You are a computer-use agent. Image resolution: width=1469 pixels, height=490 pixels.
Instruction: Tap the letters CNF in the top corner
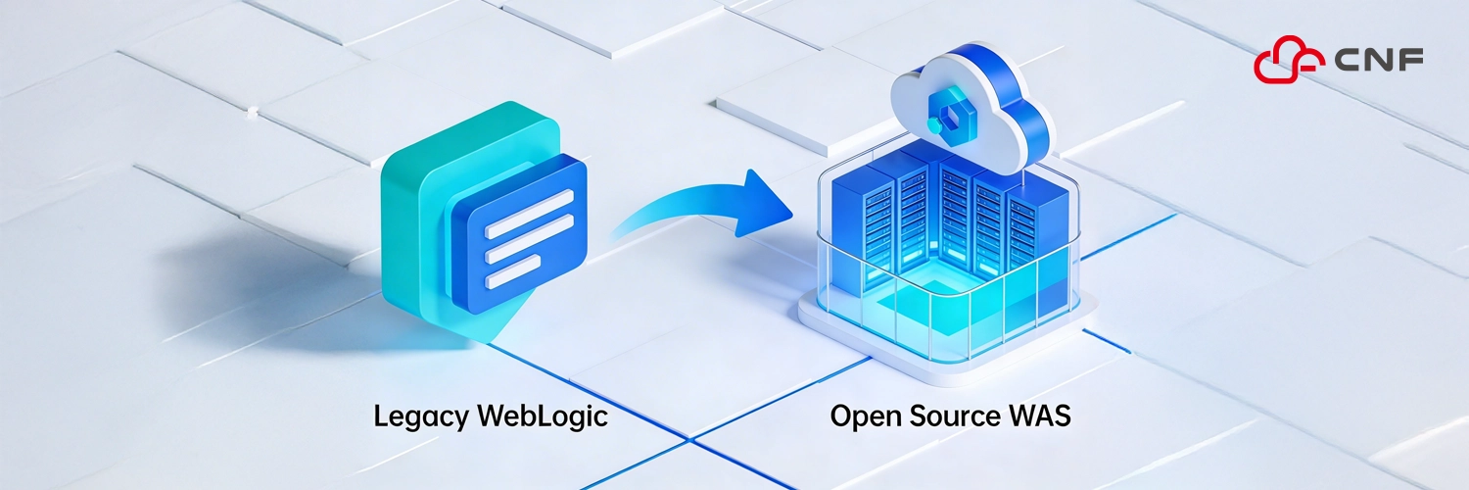tap(1378, 62)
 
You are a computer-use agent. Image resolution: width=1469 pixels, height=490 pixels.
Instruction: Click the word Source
tap(960, 416)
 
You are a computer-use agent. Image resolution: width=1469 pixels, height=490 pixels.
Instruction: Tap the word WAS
tap(1043, 416)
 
